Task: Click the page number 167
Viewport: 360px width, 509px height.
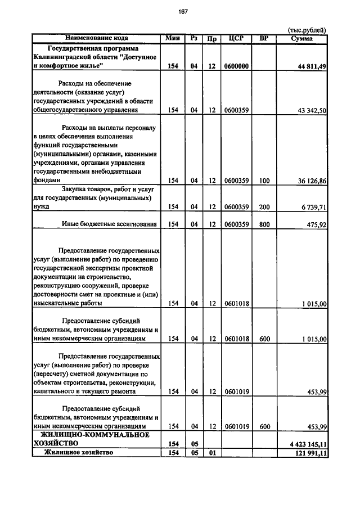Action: pyautogui.click(x=183, y=12)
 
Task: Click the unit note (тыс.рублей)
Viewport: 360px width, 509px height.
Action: pyautogui.click(x=307, y=30)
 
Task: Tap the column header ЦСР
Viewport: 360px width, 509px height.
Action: pyautogui.click(x=236, y=38)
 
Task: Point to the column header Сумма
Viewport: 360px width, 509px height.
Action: pyautogui.click(x=301, y=38)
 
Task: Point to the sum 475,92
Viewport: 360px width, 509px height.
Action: pyautogui.click(x=317, y=225)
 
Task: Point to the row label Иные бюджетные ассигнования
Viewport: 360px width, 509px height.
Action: pyautogui.click(x=109, y=225)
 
